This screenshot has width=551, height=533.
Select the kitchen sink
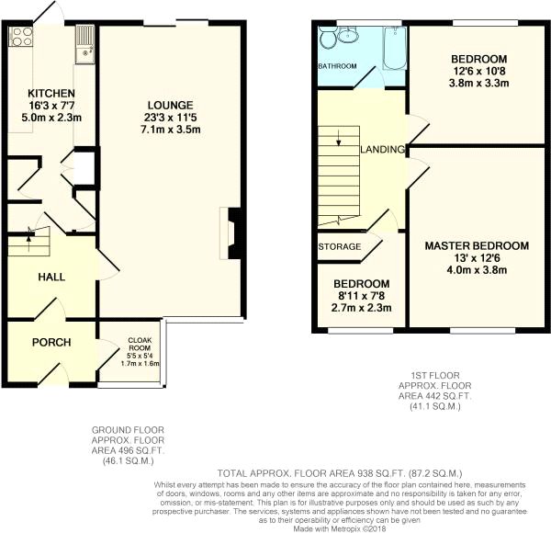click(84, 40)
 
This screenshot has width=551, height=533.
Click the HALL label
click(51, 276)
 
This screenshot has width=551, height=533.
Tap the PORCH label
click(51, 343)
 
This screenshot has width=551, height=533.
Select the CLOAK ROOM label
click(140, 342)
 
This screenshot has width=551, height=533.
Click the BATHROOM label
click(337, 66)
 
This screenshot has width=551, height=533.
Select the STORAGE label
click(338, 247)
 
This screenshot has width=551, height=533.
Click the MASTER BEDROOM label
click(476, 245)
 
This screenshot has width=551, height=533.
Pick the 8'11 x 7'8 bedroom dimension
click(361, 296)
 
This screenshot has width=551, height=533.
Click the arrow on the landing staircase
click(338, 140)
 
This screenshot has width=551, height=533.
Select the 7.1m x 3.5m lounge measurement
click(172, 130)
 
